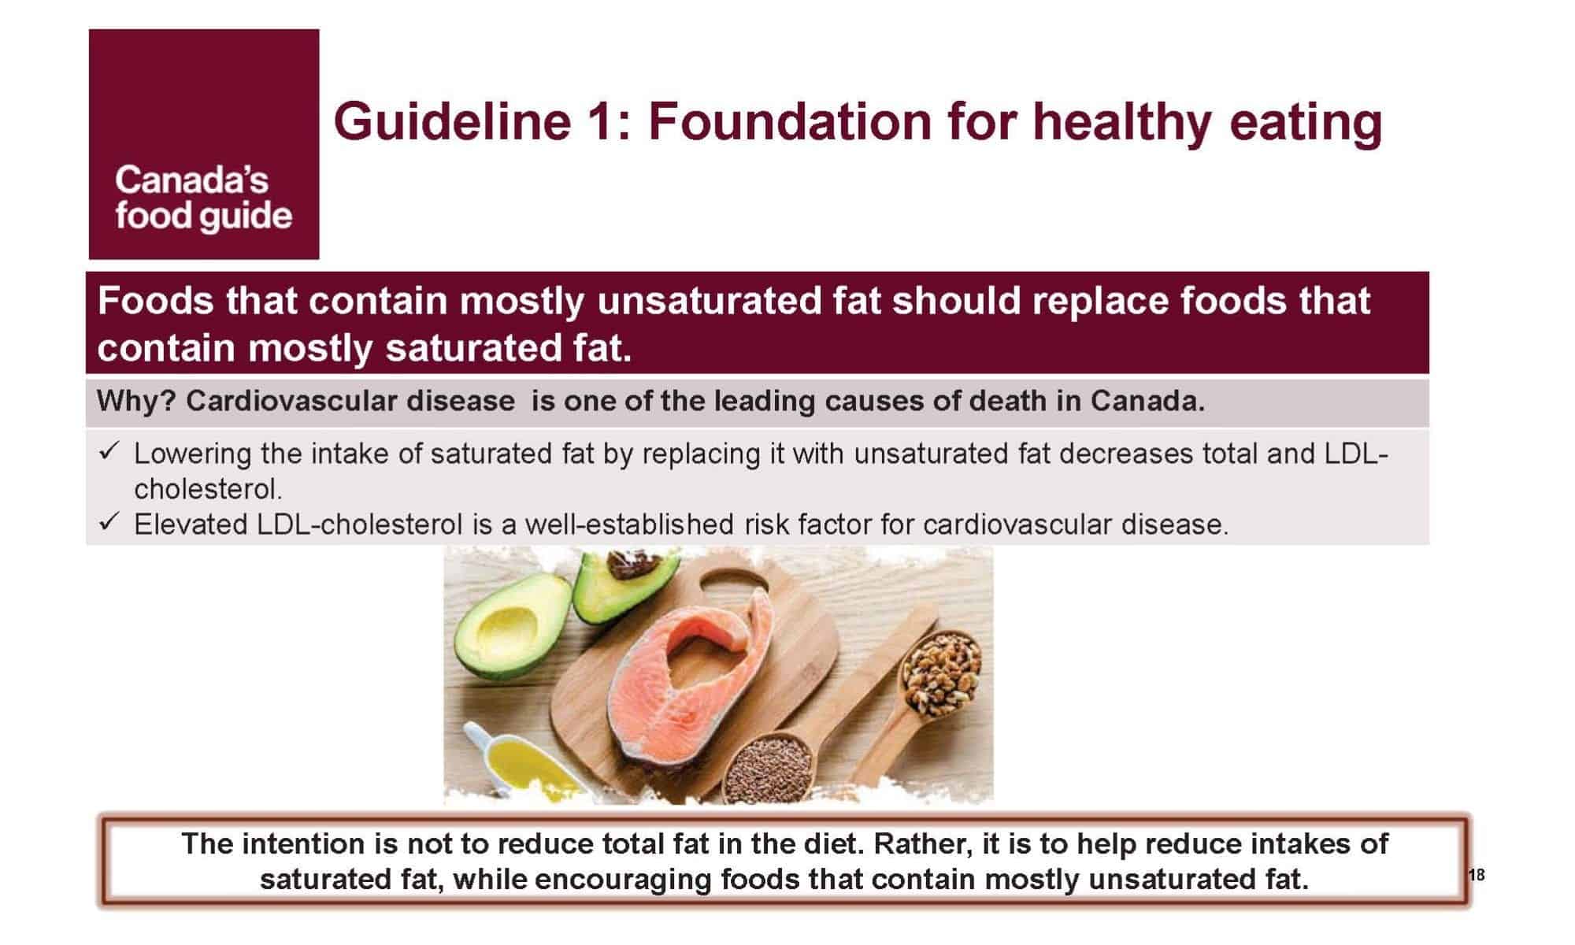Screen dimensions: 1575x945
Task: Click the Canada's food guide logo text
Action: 203,199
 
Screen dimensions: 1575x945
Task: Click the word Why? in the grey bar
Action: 136,402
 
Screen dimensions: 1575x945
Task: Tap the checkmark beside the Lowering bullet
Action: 109,451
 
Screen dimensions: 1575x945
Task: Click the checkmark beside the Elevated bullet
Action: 109,521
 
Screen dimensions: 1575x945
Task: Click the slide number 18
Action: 1477,875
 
